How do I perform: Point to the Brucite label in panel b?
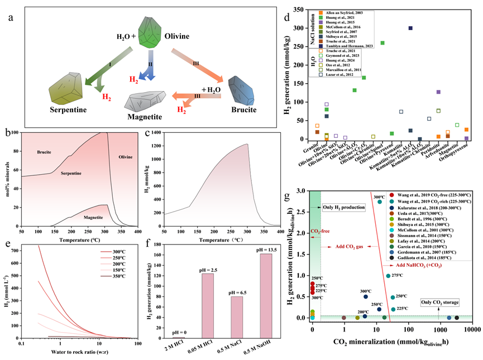click(x=44, y=151)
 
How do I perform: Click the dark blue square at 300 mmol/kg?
click(x=410, y=28)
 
